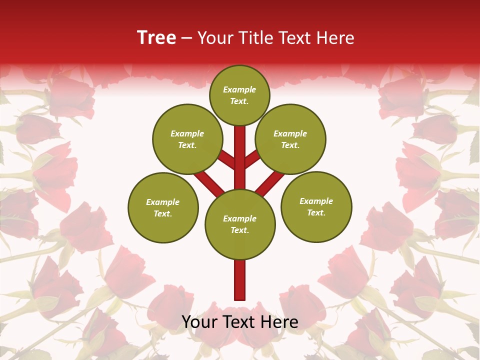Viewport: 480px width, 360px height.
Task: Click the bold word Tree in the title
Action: pos(156,37)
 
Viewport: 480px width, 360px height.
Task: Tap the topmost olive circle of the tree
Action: pos(239,95)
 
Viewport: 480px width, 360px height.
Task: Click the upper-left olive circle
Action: pos(187,139)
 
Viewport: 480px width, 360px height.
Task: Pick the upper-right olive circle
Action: pos(290,139)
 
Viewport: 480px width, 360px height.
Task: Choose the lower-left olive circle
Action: pos(163,207)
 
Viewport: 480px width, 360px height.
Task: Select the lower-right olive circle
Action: pos(316,206)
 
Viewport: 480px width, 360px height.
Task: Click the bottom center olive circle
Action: pos(240,224)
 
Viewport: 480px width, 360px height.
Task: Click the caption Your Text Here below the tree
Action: pos(240,322)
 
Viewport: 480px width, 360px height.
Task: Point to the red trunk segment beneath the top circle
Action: pos(240,150)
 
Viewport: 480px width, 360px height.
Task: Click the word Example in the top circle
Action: pos(239,90)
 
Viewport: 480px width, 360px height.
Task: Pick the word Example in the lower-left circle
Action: pos(162,202)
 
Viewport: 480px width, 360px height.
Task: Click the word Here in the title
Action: pos(336,37)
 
